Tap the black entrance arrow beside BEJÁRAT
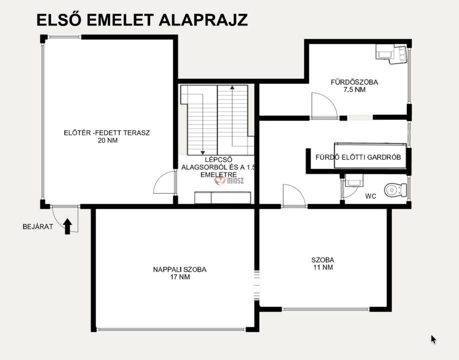click(68, 227)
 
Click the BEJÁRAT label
click(38, 227)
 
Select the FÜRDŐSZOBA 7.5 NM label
click(354, 86)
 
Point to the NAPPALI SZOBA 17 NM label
click(180, 273)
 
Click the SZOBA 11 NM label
click(323, 263)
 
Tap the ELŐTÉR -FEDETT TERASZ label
click(107, 133)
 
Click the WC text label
click(371, 196)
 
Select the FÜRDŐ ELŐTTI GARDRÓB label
click(358, 157)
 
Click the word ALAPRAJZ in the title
click(203, 20)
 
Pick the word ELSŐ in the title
click(59, 19)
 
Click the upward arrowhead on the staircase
click(232, 87)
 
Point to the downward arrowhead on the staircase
click(202, 153)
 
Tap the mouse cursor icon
click(433, 339)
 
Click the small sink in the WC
click(354, 180)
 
